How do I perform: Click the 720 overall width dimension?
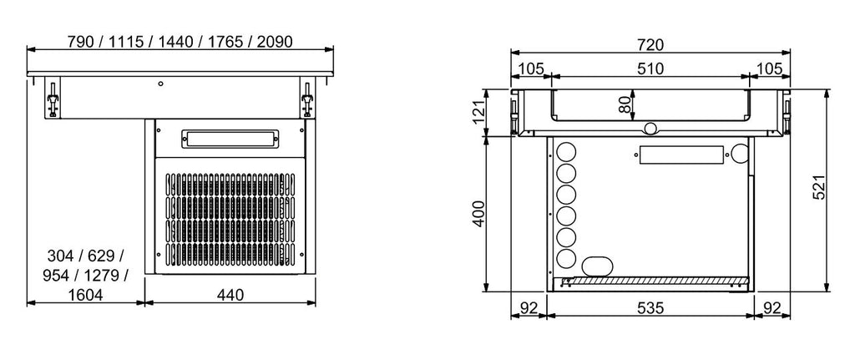point(651,43)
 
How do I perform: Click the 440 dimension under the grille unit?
point(230,295)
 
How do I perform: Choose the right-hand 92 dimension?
point(771,308)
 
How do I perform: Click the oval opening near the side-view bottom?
point(597,266)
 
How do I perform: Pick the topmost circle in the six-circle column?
point(565,152)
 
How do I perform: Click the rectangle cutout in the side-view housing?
point(679,155)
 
